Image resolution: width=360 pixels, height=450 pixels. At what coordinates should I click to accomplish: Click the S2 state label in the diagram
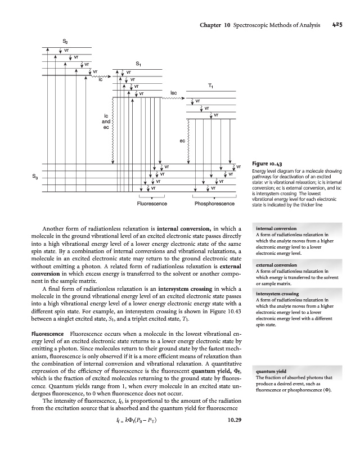[66, 40]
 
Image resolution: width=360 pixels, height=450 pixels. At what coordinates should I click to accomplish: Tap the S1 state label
[138, 64]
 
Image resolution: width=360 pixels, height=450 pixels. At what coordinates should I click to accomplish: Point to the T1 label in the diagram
[210, 86]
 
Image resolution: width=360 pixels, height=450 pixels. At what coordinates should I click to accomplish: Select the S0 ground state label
[37, 178]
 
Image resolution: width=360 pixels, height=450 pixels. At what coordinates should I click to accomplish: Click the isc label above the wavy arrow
[174, 92]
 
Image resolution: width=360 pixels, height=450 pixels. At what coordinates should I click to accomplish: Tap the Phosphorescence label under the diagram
[214, 203]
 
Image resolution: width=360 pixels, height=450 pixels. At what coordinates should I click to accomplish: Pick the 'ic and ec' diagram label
[105, 121]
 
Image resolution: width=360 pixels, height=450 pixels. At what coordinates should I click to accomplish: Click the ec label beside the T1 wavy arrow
[182, 141]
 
